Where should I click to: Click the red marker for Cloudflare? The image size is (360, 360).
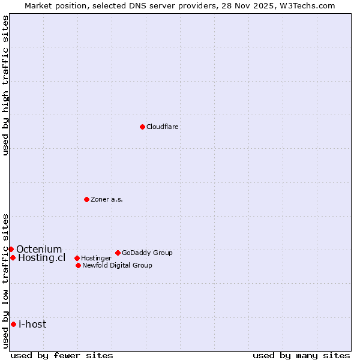click(x=142, y=127)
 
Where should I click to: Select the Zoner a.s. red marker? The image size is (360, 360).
click(x=86, y=199)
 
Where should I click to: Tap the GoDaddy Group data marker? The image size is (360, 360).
click(x=118, y=253)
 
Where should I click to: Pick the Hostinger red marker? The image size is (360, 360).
click(x=77, y=258)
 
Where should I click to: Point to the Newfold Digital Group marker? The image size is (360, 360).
click(x=78, y=265)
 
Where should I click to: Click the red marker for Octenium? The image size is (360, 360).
click(x=11, y=249)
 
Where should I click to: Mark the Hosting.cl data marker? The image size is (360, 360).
click(x=13, y=257)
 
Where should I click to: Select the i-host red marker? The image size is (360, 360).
click(x=13, y=324)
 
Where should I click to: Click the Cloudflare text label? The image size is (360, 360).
click(x=163, y=127)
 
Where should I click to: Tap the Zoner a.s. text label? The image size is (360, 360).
click(x=107, y=200)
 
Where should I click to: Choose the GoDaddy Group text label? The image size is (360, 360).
click(x=147, y=253)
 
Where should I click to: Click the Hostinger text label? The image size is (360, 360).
click(x=96, y=259)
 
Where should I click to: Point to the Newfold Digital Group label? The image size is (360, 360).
click(x=117, y=266)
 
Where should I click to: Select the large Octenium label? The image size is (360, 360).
click(x=39, y=250)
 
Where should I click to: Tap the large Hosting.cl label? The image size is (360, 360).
click(x=41, y=258)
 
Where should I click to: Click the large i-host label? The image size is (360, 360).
click(x=32, y=325)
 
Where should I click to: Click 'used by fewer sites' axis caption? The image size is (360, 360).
click(x=62, y=355)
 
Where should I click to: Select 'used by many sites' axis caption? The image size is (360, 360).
click(x=301, y=355)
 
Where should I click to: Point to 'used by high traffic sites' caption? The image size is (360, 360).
click(x=6, y=85)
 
